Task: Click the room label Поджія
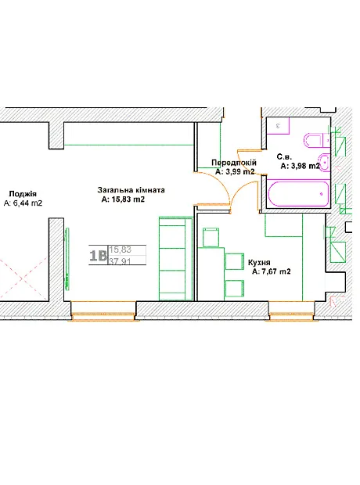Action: point(23,194)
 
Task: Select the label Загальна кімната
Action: point(131,190)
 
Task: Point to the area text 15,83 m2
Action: point(127,199)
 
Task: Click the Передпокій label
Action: point(234,163)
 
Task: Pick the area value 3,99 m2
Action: point(239,171)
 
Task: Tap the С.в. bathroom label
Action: point(284,156)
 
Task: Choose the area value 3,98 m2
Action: point(305,166)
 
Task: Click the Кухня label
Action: point(259,263)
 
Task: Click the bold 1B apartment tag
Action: point(98,256)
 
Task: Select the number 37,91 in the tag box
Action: point(120,261)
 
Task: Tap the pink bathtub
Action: point(298,193)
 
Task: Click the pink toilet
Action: point(314,141)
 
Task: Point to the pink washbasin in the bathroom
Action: point(324,162)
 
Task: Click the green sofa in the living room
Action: point(176,259)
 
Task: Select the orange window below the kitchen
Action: point(292,316)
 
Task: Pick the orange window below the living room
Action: point(103,316)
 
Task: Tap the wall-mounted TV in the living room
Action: point(67,259)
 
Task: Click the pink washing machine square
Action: point(278,125)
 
